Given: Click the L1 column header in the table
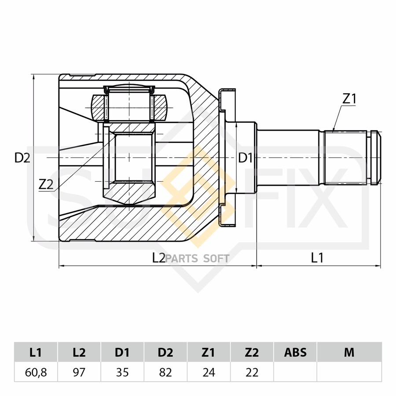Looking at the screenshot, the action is [x=36, y=352].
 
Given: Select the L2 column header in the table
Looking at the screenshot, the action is [x=79, y=352].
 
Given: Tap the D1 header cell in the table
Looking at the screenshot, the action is [x=122, y=352].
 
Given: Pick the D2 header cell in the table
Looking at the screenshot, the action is [x=165, y=352].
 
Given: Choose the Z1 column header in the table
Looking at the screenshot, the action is [x=209, y=352].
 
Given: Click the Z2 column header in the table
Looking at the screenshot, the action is [x=252, y=352].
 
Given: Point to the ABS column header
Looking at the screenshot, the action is [x=295, y=352].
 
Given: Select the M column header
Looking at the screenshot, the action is [x=349, y=352].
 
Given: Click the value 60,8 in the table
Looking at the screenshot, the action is [x=36, y=373].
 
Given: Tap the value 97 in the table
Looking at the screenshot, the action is [x=79, y=373].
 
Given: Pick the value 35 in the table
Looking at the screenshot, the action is [x=122, y=373].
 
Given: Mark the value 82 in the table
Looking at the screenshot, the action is [x=165, y=373].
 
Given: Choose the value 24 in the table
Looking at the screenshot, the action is [x=209, y=373].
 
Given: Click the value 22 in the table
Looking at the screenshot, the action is [x=252, y=373].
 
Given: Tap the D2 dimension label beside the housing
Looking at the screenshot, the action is [x=22, y=158].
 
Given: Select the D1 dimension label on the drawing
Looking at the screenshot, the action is [x=246, y=158].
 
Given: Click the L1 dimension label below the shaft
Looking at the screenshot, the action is [x=317, y=258].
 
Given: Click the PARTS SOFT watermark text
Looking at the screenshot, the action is [x=198, y=259].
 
